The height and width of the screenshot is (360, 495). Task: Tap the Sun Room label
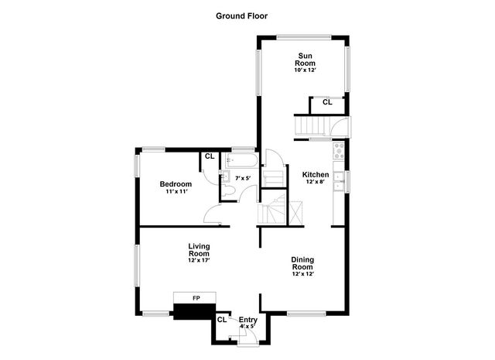(305, 59)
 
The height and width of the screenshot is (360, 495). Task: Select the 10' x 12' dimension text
(305, 70)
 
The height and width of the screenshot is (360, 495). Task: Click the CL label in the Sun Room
(326, 102)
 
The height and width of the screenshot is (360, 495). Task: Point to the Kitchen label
(316, 175)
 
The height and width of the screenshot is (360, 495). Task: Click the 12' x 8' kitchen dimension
(316, 183)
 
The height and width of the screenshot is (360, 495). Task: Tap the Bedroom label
(176, 183)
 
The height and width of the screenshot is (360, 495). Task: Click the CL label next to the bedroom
(209, 156)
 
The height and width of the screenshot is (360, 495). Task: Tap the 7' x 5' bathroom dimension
(243, 179)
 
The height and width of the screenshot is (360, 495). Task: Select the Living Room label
(199, 249)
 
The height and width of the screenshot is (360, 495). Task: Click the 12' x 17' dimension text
(199, 261)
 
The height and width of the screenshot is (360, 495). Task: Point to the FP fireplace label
(196, 298)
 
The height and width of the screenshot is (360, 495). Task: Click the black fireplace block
(193, 311)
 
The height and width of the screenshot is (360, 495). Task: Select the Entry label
(248, 319)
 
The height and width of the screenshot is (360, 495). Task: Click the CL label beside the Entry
(222, 319)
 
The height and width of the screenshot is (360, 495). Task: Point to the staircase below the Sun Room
(310, 125)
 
